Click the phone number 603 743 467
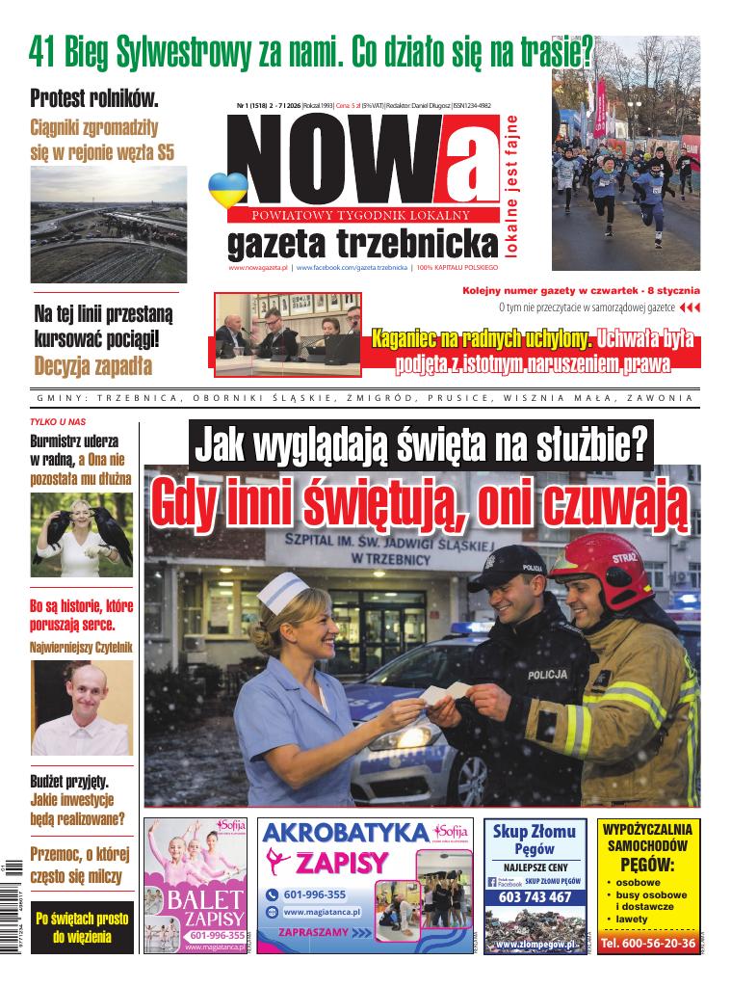click(x=535, y=897)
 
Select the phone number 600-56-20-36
click(x=648, y=944)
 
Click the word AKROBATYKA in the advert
click(x=345, y=833)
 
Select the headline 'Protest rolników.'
click(x=94, y=97)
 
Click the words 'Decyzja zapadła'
click(x=92, y=366)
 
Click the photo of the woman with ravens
click(x=81, y=535)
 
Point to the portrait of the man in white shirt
click(x=81, y=707)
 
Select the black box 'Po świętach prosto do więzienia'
click(x=82, y=927)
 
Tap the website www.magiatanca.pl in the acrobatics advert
click(x=328, y=912)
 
